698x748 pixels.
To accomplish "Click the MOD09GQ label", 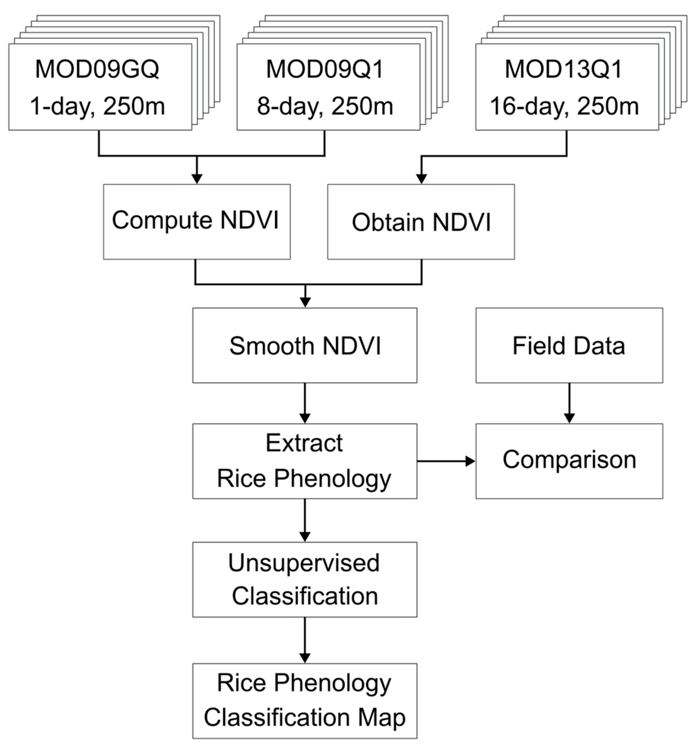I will (x=97, y=69).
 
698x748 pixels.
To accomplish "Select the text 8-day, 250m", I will (x=325, y=106).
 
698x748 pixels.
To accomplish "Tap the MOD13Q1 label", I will (x=564, y=69).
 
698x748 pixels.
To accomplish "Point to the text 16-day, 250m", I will (x=564, y=106).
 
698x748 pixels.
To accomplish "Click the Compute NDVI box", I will (x=197, y=222).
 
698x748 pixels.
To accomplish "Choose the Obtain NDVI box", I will (x=421, y=222).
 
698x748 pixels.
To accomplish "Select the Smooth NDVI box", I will (x=305, y=345).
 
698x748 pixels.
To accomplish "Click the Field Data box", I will (x=569, y=345).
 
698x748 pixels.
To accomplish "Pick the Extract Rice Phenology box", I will (x=305, y=461).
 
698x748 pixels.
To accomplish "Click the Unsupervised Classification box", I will (x=305, y=579).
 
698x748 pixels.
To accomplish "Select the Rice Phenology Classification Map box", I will (x=305, y=701).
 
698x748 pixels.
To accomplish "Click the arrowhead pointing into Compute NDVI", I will (x=197, y=178).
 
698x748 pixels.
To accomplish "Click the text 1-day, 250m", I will (x=97, y=106).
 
